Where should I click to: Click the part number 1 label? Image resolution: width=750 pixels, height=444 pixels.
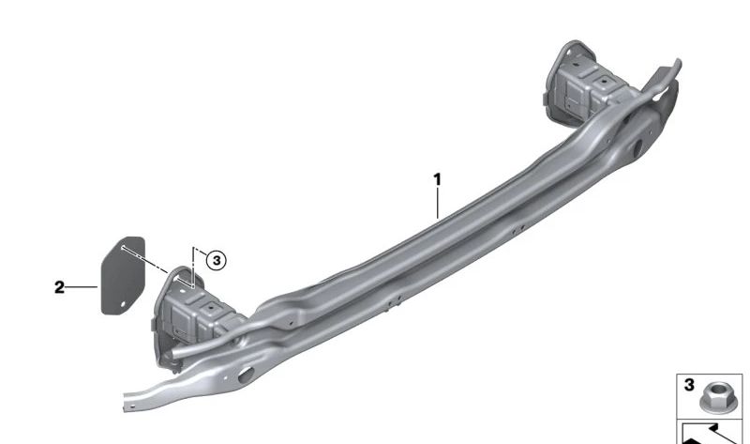[437, 180]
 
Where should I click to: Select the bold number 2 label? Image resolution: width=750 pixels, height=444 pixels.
[59, 287]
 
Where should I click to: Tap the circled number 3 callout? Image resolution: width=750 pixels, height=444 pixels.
[217, 261]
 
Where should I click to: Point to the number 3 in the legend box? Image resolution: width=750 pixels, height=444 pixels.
[689, 385]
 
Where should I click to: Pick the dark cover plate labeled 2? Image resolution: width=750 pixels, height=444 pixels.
[123, 275]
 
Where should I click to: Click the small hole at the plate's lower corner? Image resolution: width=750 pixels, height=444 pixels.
[123, 303]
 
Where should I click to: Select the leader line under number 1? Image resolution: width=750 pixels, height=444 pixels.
[437, 203]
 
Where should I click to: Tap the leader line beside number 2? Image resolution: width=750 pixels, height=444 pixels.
[82, 287]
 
